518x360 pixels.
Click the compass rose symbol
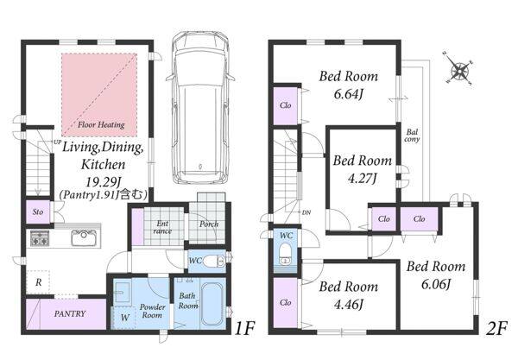[459, 70]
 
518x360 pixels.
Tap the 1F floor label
[244, 328]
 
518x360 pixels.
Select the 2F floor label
[496, 328]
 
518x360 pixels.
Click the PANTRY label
[70, 313]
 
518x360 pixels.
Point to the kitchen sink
[84, 237]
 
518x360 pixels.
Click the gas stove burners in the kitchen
[40, 237]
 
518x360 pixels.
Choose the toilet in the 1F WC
[213, 262]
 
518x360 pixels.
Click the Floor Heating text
[101, 125]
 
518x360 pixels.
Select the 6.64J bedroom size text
[348, 95]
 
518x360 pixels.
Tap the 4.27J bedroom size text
[362, 179]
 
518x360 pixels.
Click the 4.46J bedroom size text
[348, 305]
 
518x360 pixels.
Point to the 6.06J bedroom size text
[436, 284]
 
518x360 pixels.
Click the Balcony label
[412, 136]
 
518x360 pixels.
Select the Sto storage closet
[38, 212]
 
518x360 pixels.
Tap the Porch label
[209, 224]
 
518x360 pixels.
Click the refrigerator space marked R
[38, 282]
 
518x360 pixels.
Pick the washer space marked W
[124, 318]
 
